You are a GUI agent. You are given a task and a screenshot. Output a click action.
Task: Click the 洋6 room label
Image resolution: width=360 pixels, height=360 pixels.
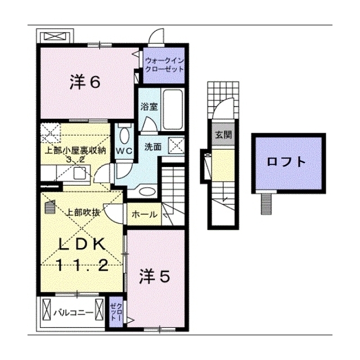[x=85, y=82]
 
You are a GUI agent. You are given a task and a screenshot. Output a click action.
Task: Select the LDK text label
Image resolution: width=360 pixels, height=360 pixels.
[x=82, y=245]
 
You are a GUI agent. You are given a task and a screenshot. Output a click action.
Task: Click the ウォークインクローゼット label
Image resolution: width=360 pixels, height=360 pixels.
[x=165, y=65]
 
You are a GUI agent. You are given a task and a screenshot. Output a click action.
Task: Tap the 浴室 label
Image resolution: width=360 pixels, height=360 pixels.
[x=149, y=107]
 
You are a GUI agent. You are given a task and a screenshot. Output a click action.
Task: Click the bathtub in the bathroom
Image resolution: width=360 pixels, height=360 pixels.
[x=173, y=109]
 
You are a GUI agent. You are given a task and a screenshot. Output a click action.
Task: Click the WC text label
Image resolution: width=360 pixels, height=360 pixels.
[x=124, y=151]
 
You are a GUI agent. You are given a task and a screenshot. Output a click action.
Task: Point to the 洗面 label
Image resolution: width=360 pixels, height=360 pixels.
[x=153, y=147]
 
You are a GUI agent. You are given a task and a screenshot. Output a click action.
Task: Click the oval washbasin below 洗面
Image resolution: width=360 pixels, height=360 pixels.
[x=147, y=191]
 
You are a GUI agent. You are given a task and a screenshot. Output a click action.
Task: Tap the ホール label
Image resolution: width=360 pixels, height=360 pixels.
[x=145, y=214]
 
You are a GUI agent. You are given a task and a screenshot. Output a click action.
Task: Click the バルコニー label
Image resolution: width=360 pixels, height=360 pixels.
[x=74, y=313]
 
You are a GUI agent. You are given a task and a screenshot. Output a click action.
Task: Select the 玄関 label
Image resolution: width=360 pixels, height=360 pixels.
[x=223, y=135]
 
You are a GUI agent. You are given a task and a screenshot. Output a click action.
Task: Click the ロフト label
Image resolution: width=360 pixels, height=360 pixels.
[x=286, y=163]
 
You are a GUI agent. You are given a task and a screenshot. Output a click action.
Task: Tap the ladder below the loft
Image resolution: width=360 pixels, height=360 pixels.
[x=266, y=204]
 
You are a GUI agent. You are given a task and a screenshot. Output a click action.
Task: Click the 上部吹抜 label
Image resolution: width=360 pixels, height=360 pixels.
[x=83, y=213]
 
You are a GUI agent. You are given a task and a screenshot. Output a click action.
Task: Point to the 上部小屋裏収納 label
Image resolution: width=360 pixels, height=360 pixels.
[x=75, y=150]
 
